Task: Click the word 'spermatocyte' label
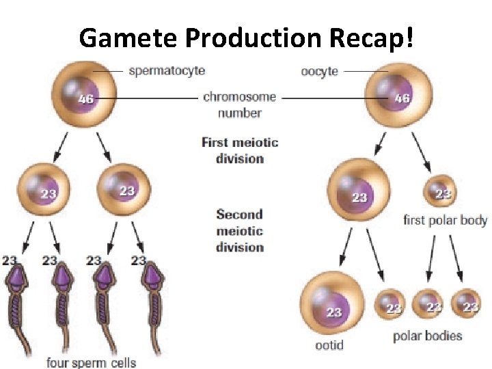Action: pyautogui.click(x=166, y=70)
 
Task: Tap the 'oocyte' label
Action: pyautogui.click(x=319, y=71)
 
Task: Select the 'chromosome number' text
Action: pyautogui.click(x=239, y=105)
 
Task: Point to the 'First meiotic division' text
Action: pyautogui.click(x=240, y=150)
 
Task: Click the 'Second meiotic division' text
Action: pyautogui.click(x=240, y=230)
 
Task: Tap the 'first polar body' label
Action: pyautogui.click(x=445, y=220)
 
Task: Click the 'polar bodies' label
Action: pyautogui.click(x=428, y=336)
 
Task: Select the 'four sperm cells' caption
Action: pyautogui.click(x=91, y=362)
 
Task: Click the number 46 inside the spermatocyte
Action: pyautogui.click(x=85, y=99)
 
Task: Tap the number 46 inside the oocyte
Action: pyautogui.click(x=402, y=98)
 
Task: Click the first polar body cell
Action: pyautogui.click(x=441, y=193)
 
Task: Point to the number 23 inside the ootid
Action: pyautogui.click(x=333, y=313)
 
